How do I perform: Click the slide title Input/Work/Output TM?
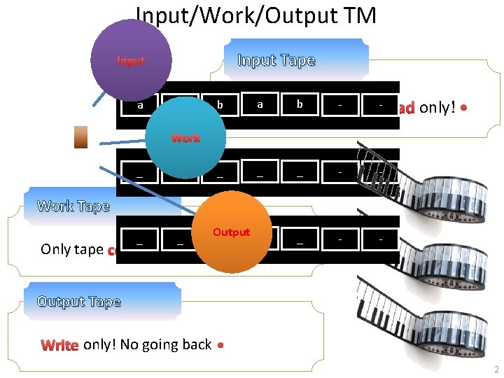(x=255, y=15)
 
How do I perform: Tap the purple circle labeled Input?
(x=131, y=61)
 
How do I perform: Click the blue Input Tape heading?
(x=276, y=60)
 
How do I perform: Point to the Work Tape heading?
(x=73, y=206)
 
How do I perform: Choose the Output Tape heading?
(x=79, y=302)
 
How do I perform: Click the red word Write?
(x=60, y=344)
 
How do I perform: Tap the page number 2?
(x=495, y=369)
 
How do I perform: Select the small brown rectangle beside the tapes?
(x=81, y=137)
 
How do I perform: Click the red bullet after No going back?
(x=220, y=345)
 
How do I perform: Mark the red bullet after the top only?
(x=464, y=108)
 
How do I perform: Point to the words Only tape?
(x=72, y=249)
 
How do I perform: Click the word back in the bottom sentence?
(x=197, y=344)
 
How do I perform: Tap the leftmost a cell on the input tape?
(x=140, y=106)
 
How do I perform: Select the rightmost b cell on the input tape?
(x=300, y=104)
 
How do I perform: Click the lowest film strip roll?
(x=413, y=322)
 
